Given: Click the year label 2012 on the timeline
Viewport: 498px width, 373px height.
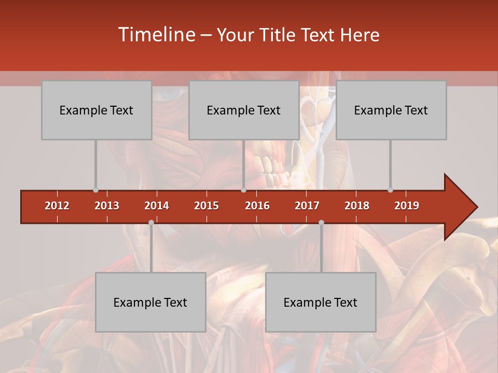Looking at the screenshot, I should point(57,206).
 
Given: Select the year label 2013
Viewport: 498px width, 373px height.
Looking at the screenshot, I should point(107,206).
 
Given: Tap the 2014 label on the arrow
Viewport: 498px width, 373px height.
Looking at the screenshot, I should point(157,206).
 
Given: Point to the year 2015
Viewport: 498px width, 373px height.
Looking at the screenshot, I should point(206,206).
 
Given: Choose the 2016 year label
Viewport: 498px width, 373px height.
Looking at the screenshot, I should point(257,206).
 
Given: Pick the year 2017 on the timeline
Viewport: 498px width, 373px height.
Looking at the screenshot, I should point(307,206).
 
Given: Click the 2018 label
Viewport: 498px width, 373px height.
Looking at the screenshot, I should point(357,206).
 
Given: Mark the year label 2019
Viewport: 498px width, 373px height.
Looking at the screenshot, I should point(407,206).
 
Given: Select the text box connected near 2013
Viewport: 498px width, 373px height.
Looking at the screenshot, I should point(96,110).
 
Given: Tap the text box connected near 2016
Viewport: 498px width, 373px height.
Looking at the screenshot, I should point(244,110).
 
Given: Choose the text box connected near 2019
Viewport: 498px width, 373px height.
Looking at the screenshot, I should point(391,110).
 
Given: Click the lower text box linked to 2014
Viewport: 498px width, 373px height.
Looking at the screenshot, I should point(150,302).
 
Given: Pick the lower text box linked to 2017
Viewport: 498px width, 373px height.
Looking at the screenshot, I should point(321,302).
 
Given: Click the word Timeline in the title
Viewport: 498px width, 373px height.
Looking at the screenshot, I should point(156,35).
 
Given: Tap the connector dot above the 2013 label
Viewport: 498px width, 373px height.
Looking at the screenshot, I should point(95,190).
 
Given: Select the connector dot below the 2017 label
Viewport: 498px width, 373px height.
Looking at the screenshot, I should point(321,223).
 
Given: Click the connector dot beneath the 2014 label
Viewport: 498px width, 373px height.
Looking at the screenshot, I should point(151,223).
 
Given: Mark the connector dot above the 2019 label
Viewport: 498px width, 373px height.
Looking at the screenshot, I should point(390,190).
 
